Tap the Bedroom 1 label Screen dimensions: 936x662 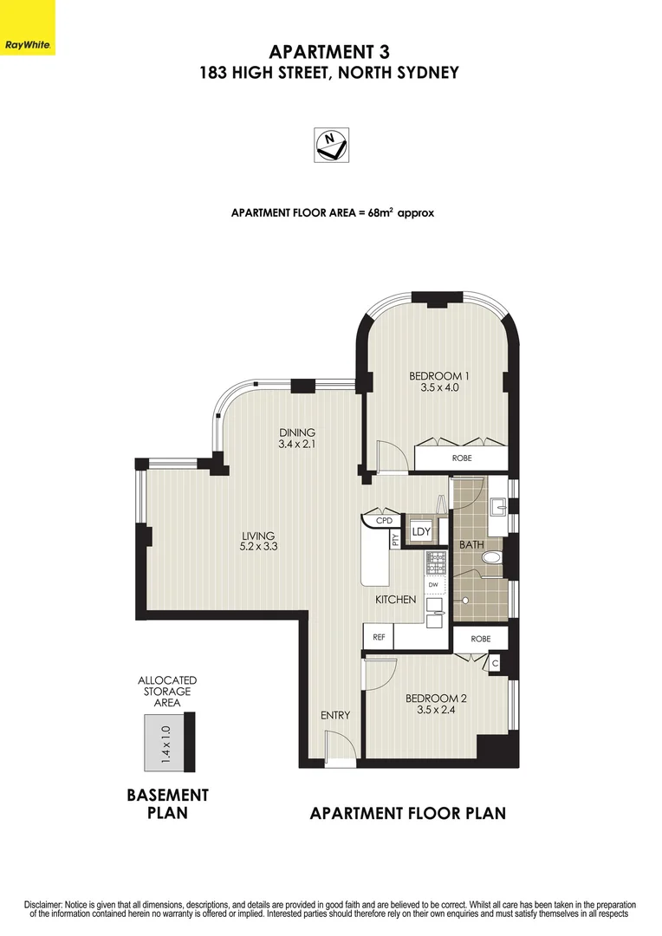point(439,376)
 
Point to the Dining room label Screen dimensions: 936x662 point(296,432)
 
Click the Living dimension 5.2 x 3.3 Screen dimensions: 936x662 point(258,547)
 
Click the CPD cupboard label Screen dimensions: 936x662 point(384,521)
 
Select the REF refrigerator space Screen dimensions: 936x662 point(379,637)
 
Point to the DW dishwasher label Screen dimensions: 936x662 point(432,585)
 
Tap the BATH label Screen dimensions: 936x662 point(471,545)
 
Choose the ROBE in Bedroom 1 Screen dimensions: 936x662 point(462,458)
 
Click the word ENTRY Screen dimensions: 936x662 point(335,715)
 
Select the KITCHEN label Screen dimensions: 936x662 point(395,600)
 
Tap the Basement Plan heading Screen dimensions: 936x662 point(167,803)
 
